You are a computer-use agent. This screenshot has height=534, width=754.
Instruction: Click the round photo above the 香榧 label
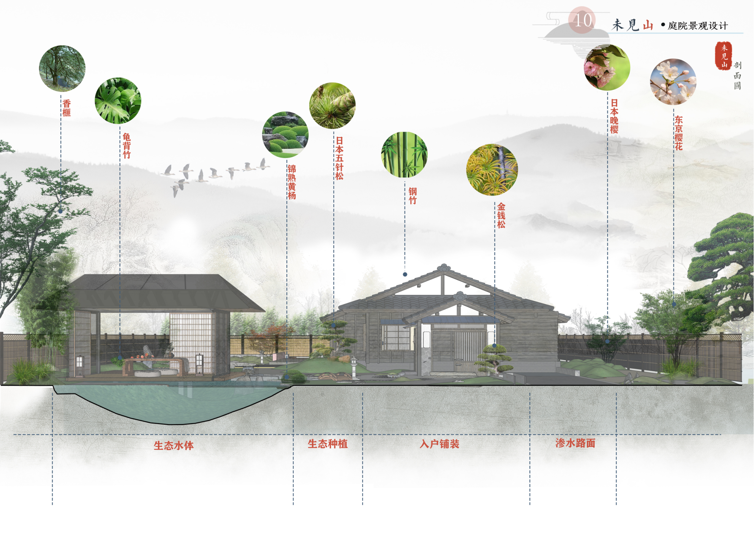62,68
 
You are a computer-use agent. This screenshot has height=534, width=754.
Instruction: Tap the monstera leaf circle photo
118,101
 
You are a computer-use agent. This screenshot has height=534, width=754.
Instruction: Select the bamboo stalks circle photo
404,154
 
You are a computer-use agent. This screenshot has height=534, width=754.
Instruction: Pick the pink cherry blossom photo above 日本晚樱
607,67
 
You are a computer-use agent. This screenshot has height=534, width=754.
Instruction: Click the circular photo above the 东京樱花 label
673,82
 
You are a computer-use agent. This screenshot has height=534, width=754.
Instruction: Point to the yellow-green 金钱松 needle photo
492,170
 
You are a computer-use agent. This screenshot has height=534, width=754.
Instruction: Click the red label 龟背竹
126,146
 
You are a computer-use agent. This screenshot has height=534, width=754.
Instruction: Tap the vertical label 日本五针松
339,158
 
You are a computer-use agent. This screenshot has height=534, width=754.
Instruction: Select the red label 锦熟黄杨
291,182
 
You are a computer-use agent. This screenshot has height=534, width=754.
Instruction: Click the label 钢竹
413,196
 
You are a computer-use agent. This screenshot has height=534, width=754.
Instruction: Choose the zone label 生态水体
174,445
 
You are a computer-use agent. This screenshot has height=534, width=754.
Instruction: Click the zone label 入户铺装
439,444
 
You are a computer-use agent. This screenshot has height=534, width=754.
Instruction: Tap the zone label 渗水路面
575,443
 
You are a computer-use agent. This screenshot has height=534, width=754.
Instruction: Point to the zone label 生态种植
327,444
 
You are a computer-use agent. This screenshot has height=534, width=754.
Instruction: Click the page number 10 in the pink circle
582,20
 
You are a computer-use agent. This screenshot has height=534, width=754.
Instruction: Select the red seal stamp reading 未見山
724,56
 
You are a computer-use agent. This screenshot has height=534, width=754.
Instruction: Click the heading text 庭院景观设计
698,26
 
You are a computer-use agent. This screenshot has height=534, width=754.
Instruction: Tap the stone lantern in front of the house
354,367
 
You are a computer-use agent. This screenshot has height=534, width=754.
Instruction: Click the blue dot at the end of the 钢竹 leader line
405,274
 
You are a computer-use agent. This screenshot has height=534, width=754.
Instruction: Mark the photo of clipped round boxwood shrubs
285,135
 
